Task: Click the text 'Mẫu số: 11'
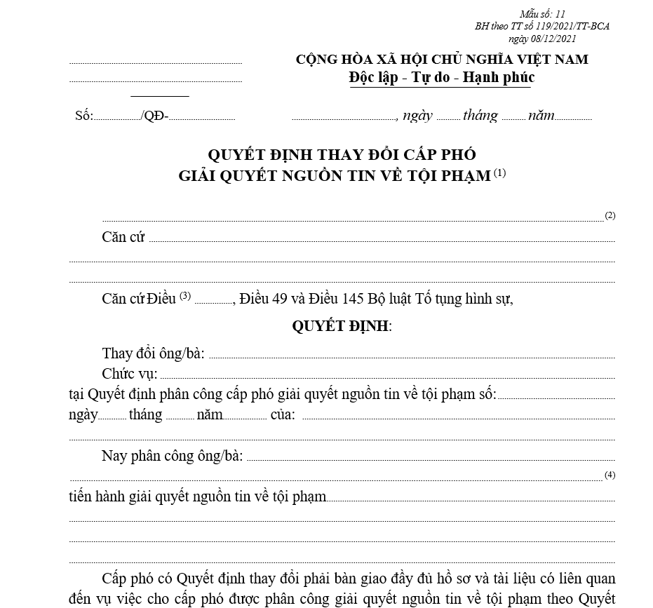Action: tap(542, 14)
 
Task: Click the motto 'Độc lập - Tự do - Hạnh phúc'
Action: tap(441, 77)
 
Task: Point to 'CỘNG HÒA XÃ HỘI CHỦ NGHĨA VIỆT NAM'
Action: tap(442, 60)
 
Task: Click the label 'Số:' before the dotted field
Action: tap(83, 116)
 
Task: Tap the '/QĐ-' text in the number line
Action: tap(154, 116)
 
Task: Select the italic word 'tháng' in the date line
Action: tap(480, 116)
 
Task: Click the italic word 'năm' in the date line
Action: tap(541, 116)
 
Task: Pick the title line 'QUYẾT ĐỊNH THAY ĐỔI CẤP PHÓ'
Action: tap(342, 154)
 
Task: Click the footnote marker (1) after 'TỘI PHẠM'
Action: tap(499, 173)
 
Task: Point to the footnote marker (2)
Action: tap(610, 215)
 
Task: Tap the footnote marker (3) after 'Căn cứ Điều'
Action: tap(185, 295)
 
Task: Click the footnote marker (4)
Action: tap(610, 475)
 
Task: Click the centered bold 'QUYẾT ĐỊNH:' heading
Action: tap(342, 326)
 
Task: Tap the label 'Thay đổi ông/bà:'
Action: tap(153, 353)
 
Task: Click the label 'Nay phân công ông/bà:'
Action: tap(172, 456)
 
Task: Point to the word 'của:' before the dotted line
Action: tap(283, 414)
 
